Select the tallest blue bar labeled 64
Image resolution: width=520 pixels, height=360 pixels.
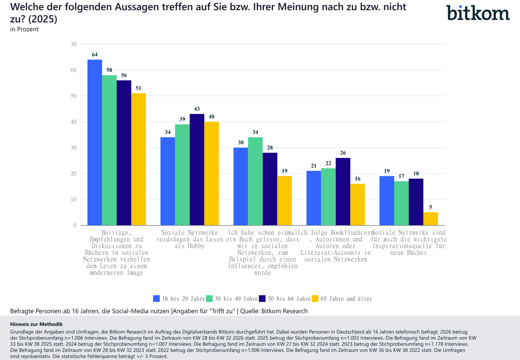pyautogui.click(x=95, y=142)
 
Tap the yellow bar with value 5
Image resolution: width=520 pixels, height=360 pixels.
pyautogui.click(x=431, y=219)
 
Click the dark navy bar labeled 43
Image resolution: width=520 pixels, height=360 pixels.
pyautogui.click(x=197, y=169)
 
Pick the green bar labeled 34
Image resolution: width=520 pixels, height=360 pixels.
pyautogui.click(x=256, y=181)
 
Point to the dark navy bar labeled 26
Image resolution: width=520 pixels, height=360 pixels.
pyautogui.click(x=343, y=192)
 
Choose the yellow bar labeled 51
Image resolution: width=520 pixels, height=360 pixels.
pyautogui.click(x=139, y=159)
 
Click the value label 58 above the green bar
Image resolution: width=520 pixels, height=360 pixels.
pyautogui.click(x=109, y=70)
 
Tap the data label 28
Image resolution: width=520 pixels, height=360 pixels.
pyautogui.click(x=270, y=148)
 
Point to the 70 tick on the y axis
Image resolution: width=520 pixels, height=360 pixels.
pyautogui.click(x=74, y=44)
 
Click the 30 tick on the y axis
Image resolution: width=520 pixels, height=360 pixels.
pyautogui.click(x=74, y=148)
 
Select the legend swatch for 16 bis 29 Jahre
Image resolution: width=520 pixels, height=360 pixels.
pyautogui.click(x=156, y=299)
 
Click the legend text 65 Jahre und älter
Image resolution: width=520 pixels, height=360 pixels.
pyautogui.click(x=347, y=299)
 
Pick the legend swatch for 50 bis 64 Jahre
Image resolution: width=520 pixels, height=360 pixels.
pyautogui.click(x=262, y=299)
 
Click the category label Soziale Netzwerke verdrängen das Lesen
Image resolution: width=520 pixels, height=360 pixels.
pyautogui.click(x=190, y=239)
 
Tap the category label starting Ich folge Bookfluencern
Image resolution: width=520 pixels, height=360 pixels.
pyautogui.click(x=336, y=246)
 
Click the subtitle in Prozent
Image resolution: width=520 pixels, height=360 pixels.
pyautogui.click(x=24, y=29)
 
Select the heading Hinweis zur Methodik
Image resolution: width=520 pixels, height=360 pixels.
pyautogui.click(x=37, y=324)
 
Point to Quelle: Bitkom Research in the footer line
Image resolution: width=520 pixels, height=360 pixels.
pyautogui.click(x=274, y=311)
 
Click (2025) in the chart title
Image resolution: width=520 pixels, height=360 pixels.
pyautogui.click(x=43, y=19)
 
